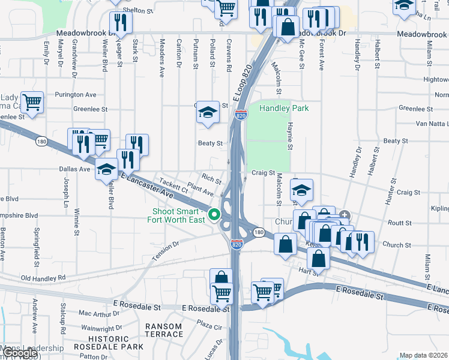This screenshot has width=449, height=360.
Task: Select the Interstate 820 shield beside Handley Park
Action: click(x=241, y=115)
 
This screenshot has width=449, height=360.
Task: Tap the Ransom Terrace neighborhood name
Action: click(x=164, y=330)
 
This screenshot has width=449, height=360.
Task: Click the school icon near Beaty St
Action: click(x=208, y=112)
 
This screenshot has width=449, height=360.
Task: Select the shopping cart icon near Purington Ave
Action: click(x=31, y=102)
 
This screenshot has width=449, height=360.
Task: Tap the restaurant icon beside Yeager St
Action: click(x=121, y=22)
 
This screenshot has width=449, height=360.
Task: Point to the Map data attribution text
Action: click(x=423, y=355)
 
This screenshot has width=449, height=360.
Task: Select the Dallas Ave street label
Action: click(x=76, y=170)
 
